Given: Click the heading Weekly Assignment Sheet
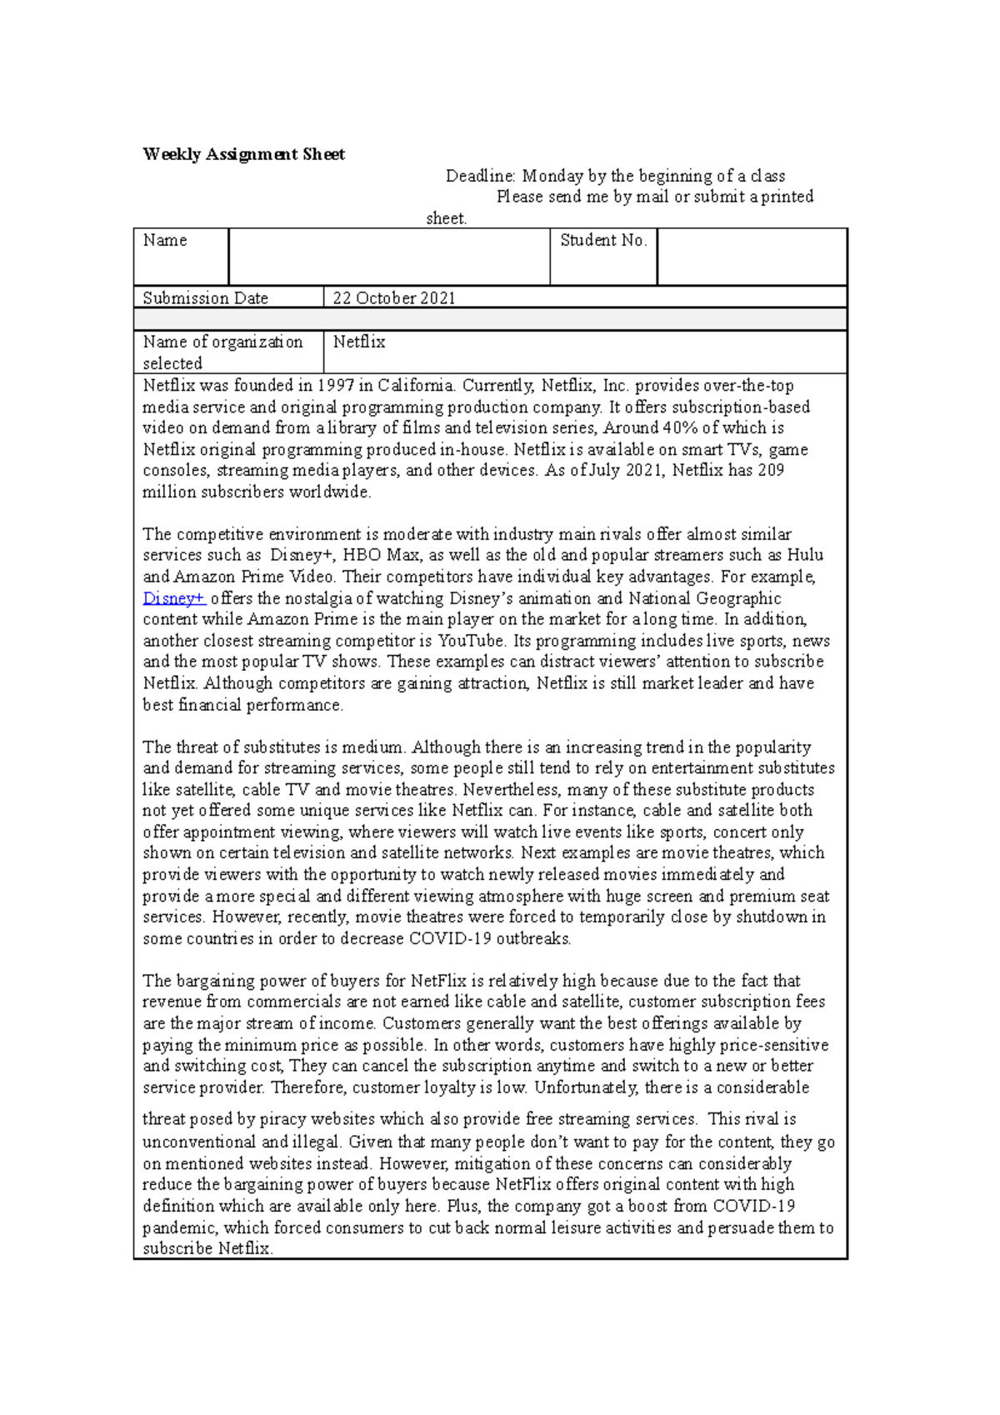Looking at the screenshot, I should click(243, 154).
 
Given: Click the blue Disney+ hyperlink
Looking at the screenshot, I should click(173, 598).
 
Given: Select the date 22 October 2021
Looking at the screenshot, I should click(394, 298).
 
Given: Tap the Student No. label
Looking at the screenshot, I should click(603, 241).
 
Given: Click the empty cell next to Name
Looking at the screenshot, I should click(388, 257).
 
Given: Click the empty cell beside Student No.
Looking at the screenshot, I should click(752, 257).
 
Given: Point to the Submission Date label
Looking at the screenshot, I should click(205, 298).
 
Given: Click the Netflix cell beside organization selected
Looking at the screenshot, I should click(359, 342).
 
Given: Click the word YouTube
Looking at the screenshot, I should click(472, 641).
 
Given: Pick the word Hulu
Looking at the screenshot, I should click(805, 555).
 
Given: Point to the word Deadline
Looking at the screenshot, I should click(481, 176).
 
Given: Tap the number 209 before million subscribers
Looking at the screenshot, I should click(771, 471).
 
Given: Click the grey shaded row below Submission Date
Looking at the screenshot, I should click(490, 319).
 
